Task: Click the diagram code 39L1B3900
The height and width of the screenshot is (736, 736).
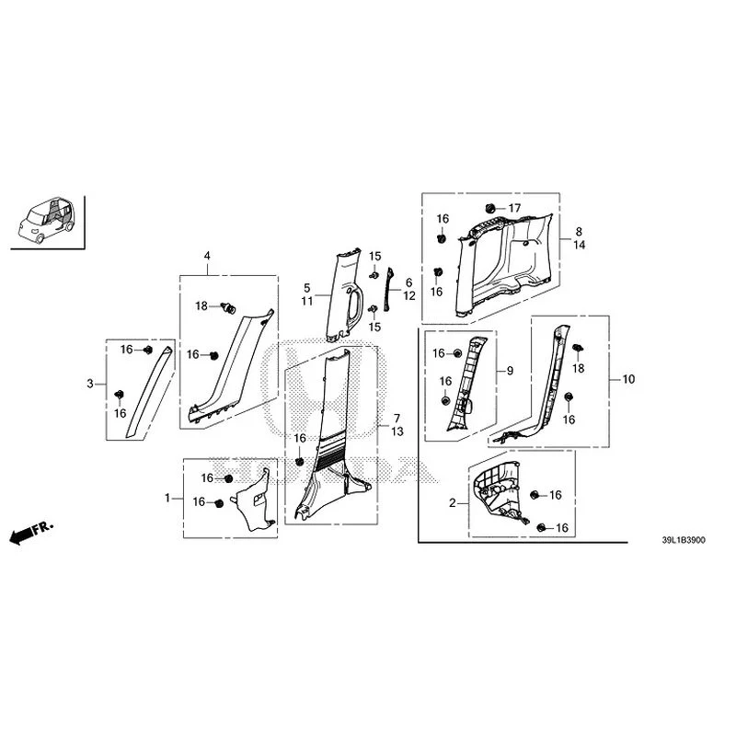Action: (684, 540)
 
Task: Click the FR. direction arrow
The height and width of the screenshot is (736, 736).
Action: (31, 532)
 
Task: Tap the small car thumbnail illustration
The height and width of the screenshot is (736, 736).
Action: (47, 220)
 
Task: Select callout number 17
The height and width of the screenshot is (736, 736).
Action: (515, 208)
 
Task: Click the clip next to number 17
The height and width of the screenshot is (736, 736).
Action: (490, 208)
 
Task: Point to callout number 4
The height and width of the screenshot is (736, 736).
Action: (207, 256)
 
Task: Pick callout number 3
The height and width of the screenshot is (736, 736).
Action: (90, 384)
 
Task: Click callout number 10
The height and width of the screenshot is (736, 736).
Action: (628, 379)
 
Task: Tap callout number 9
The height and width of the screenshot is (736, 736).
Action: (511, 371)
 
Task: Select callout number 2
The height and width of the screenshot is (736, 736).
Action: (453, 503)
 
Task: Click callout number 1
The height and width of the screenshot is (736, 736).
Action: (167, 498)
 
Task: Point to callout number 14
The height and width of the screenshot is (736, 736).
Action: (580, 245)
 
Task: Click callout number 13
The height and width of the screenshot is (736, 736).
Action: (397, 431)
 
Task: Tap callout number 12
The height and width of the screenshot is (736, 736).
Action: (409, 295)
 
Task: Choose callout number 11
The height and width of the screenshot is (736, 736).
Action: (307, 301)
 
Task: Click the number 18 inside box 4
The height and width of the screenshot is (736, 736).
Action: (201, 306)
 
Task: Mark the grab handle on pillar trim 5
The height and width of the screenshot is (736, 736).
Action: (354, 306)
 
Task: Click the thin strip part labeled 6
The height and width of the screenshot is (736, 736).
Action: (387, 290)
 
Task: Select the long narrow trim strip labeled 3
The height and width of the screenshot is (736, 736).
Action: (149, 393)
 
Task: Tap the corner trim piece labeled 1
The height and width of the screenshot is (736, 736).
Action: (255, 500)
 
